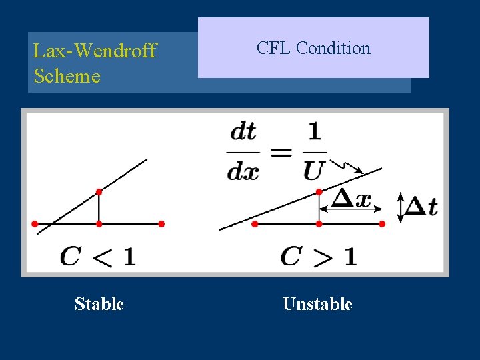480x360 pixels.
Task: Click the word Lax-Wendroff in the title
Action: [x=95, y=51]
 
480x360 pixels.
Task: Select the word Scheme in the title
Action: [x=67, y=76]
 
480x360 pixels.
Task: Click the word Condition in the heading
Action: [x=333, y=48]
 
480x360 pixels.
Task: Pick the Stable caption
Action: [x=99, y=304]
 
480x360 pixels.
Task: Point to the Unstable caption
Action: [x=317, y=304]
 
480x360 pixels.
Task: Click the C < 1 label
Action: [x=97, y=255]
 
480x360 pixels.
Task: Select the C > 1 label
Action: [x=318, y=255]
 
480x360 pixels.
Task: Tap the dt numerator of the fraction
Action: [x=243, y=131]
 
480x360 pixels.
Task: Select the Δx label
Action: [x=351, y=198]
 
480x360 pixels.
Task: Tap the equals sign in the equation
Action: [x=281, y=151]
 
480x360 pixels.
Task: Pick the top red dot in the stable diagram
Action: [x=99, y=191]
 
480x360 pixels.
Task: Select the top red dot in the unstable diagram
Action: [x=319, y=191]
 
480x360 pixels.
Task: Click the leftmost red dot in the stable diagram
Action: [x=35, y=224]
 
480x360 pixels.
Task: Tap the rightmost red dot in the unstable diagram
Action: [x=381, y=224]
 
